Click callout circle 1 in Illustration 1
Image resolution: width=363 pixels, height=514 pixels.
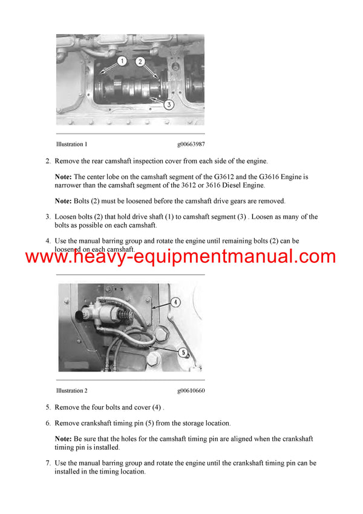122,61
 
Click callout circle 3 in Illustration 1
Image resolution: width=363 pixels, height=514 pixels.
169,104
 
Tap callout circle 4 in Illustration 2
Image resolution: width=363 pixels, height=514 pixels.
174,301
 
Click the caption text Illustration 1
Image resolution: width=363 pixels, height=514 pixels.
71,145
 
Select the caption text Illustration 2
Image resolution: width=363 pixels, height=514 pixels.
71,390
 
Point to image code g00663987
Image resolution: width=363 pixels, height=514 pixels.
191,145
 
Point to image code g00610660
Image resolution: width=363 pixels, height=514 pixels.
191,390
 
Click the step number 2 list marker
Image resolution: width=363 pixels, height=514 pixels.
48,161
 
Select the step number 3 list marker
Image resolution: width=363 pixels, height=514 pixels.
48,217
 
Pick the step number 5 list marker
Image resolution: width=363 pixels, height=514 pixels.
48,407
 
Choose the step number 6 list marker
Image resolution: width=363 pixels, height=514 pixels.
48,423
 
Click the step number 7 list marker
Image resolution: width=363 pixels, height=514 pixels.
48,463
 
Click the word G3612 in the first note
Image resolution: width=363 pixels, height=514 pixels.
212,177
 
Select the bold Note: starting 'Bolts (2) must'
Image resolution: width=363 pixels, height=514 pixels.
64,201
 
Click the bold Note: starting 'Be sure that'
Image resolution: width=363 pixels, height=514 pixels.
64,439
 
